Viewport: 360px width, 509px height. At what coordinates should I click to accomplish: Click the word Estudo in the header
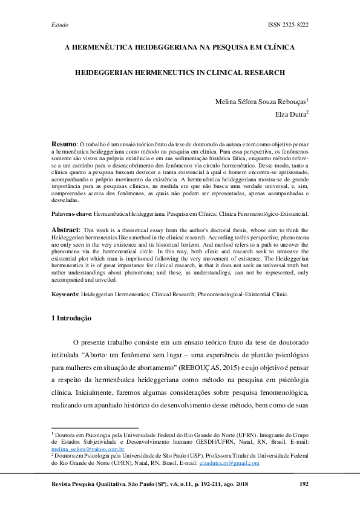click(59, 24)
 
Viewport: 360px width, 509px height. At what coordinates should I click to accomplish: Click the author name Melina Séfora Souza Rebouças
click(261, 101)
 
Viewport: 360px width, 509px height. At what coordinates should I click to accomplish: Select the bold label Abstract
click(64, 230)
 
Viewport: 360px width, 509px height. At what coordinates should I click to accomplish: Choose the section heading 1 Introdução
click(71, 317)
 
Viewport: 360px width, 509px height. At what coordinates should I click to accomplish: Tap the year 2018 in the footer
click(241, 485)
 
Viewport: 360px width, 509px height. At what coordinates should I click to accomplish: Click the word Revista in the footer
click(64, 485)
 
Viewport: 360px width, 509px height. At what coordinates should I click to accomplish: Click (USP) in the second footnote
click(168, 456)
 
